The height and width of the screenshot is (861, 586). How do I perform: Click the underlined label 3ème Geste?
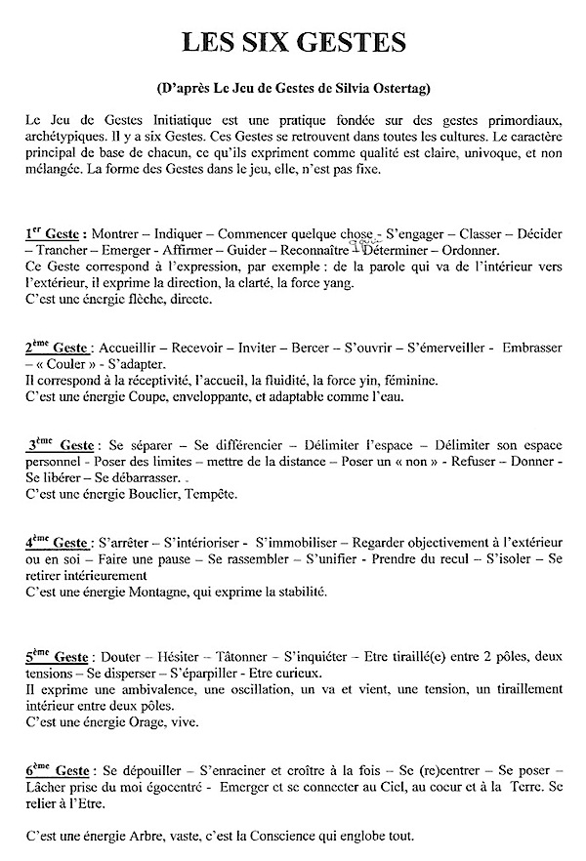(61, 445)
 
